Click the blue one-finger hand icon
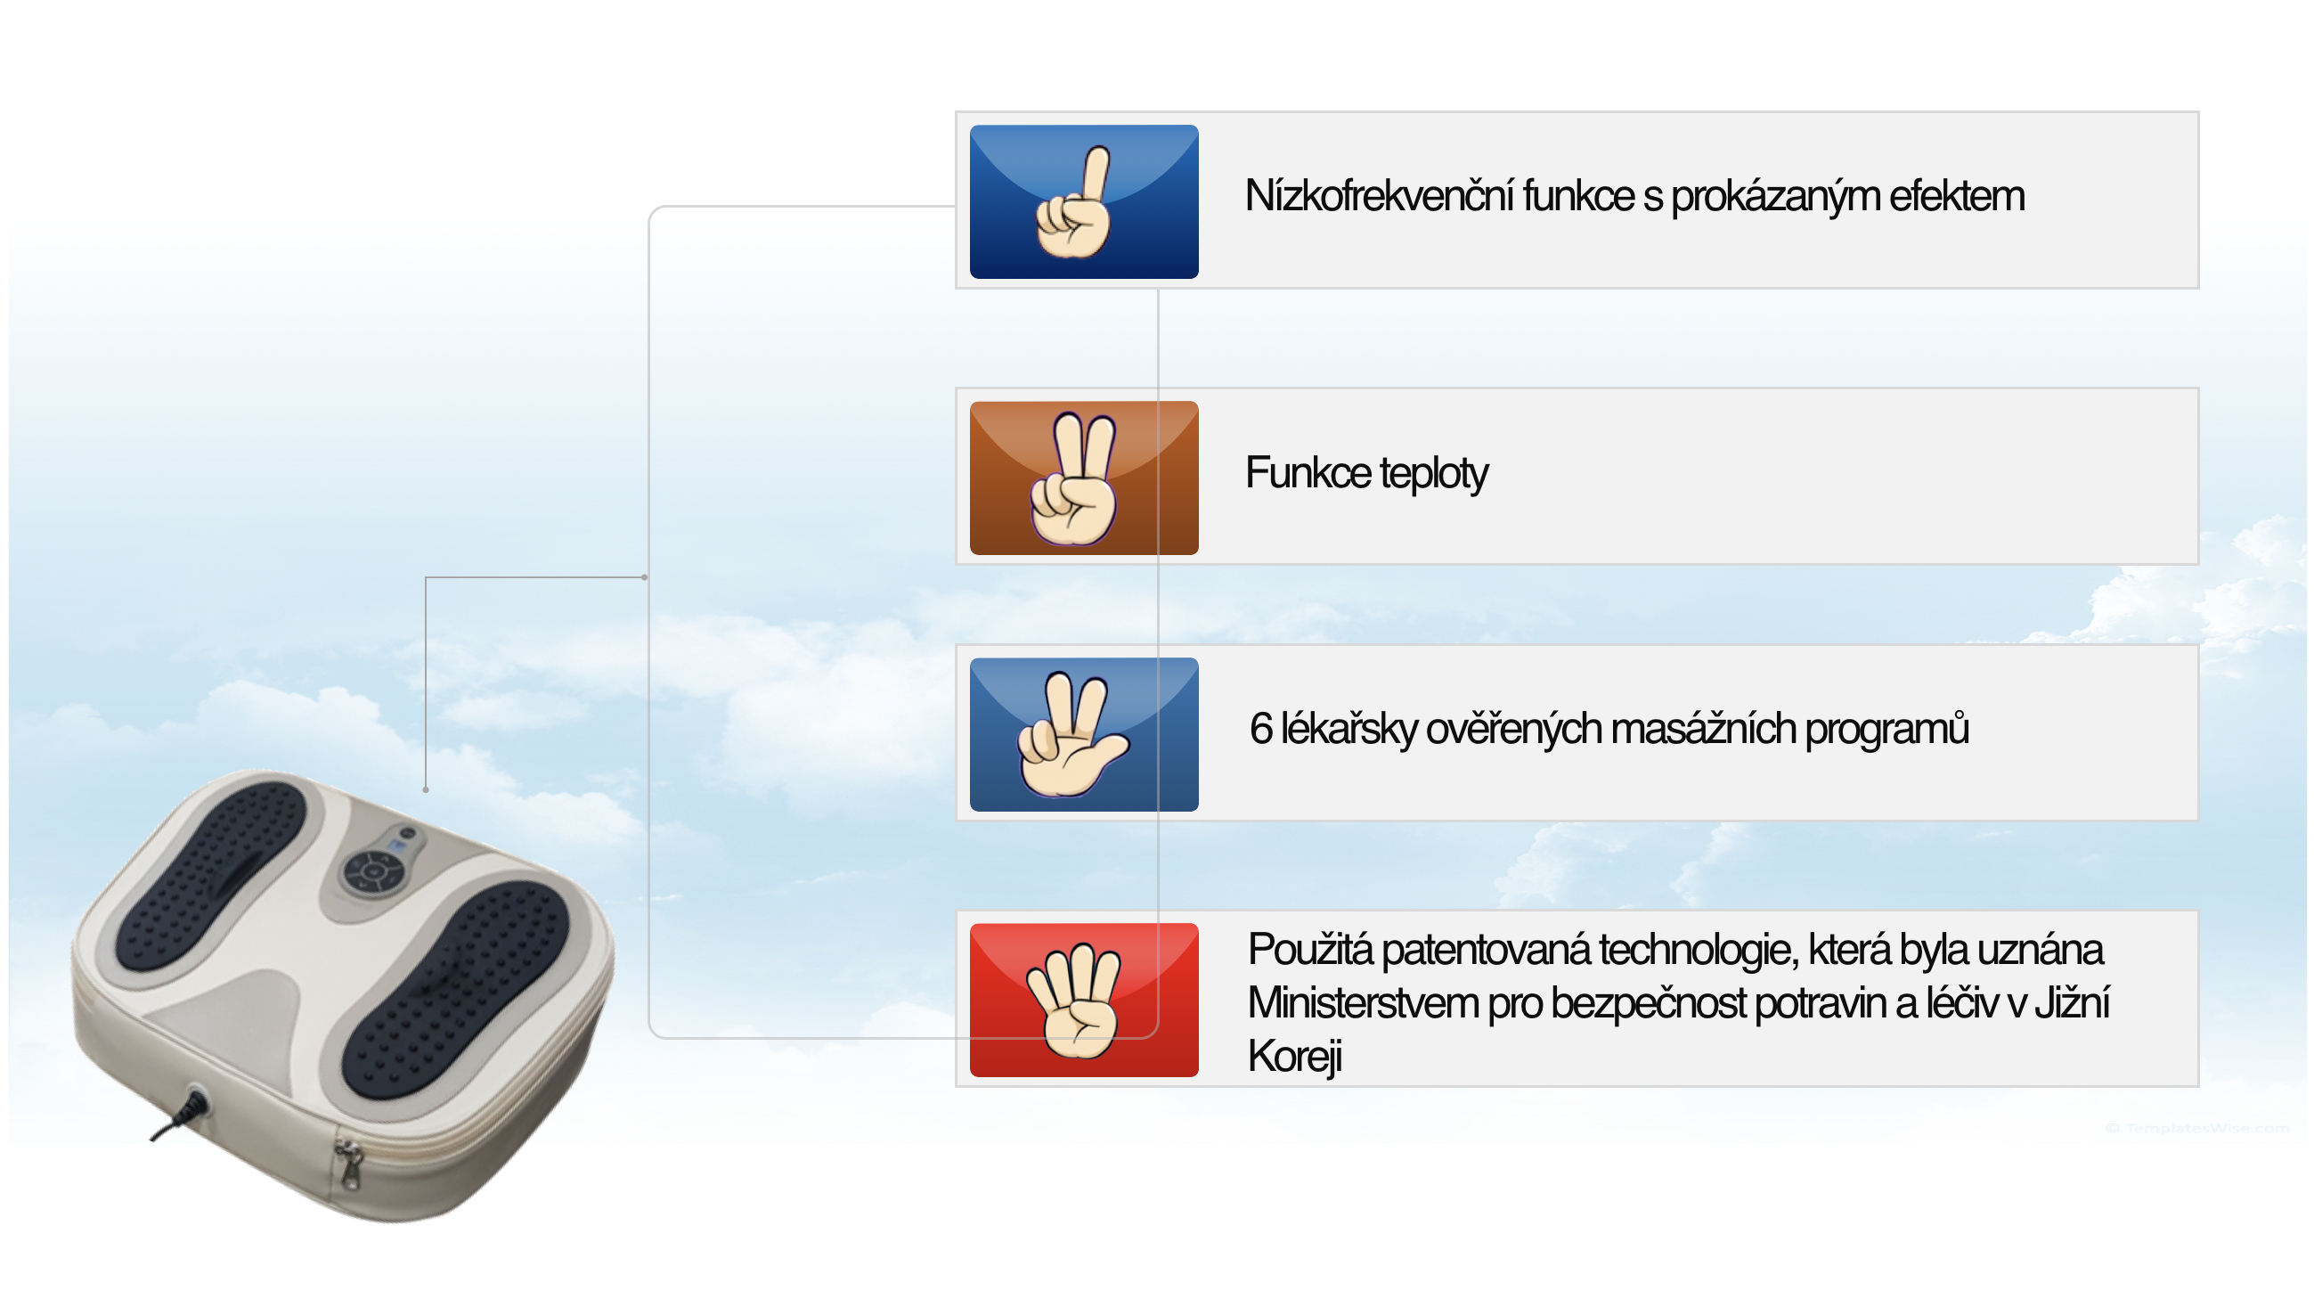point(1083,201)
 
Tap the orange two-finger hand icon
point(1083,478)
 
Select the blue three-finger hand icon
point(1083,735)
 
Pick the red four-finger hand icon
point(1083,1000)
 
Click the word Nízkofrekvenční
point(1379,196)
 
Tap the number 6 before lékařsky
point(1260,729)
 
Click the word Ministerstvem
point(1363,1002)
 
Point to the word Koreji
point(1294,1057)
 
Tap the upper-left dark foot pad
point(211,875)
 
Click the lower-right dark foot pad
point(455,989)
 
